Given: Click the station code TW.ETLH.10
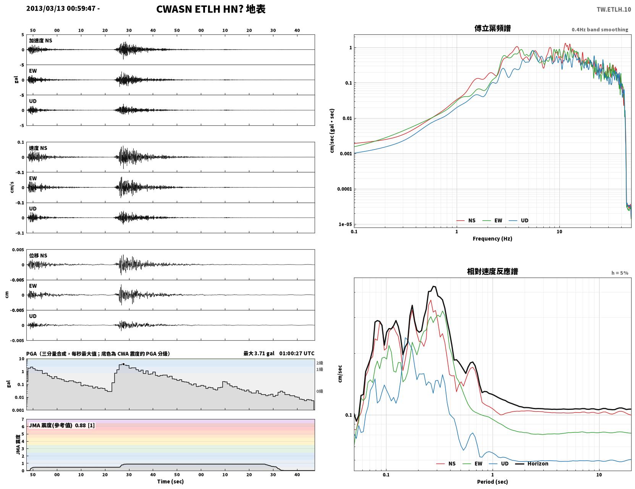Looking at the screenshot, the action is tap(614, 10).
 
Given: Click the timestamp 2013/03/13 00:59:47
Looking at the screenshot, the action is tap(61, 8).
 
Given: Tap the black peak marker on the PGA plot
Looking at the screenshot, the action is tap(123, 364).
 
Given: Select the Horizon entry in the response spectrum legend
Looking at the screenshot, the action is tap(538, 463).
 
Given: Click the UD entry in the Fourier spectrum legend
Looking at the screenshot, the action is tap(525, 221).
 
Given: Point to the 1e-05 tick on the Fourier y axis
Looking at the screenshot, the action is tap(345, 224).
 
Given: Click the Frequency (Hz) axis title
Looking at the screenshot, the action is tap(493, 239).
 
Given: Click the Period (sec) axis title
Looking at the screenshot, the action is tap(493, 482).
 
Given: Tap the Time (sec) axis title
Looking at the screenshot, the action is tap(170, 481).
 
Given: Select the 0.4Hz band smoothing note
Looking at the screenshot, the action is tap(600, 29).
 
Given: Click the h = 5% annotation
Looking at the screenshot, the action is tap(620, 273).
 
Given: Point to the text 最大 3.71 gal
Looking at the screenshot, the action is tap(259, 353).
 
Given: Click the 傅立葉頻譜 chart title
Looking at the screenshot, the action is tap(493, 28).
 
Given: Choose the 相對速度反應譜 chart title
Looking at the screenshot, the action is tap(493, 271).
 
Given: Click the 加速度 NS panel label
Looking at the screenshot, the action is tap(40, 41).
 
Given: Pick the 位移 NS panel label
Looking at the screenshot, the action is tap(38, 256).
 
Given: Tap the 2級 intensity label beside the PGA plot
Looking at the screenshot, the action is tap(320, 363).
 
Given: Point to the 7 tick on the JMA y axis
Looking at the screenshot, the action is tap(23, 419).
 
